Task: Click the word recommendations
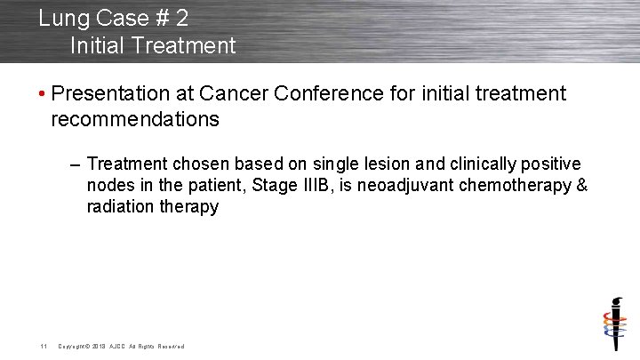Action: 135,119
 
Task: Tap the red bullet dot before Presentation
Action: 44,94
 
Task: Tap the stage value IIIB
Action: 314,186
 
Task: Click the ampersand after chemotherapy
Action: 582,186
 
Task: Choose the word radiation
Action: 118,207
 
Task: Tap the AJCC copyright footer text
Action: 121,346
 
